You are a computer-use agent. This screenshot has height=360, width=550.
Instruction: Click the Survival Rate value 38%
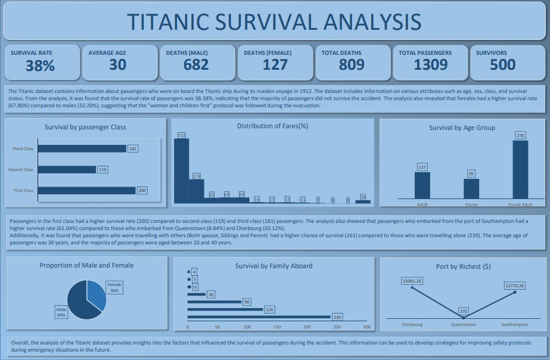[x=41, y=65]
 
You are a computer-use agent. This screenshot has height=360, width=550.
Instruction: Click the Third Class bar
[x=82, y=148]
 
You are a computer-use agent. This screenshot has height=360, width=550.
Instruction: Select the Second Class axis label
[x=20, y=170]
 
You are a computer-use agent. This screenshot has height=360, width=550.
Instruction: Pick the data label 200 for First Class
[x=142, y=191]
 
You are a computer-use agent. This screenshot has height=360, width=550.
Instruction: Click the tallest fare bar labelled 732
[x=181, y=170]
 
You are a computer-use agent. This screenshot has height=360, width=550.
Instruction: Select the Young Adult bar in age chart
[x=520, y=169]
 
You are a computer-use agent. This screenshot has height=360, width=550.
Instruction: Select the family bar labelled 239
[x=259, y=316]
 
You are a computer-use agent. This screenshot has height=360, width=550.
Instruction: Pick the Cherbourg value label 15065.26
[x=412, y=281]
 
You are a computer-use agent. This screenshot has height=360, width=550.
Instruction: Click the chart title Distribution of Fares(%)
[x=272, y=126]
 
